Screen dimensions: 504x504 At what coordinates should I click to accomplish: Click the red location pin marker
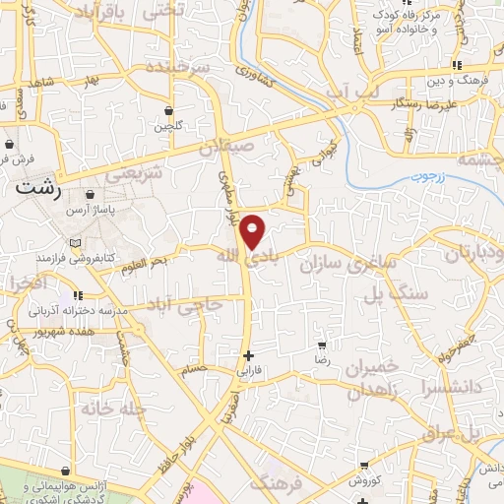[x=253, y=230]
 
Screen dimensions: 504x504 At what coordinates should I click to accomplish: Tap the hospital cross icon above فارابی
[x=248, y=355]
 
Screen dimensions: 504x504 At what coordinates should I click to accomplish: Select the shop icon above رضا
[x=322, y=346]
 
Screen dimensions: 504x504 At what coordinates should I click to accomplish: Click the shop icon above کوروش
[x=365, y=466]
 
